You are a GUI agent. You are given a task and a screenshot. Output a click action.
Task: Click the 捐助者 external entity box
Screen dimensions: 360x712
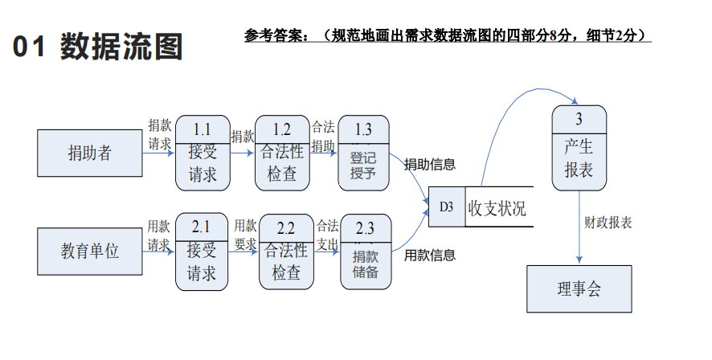tap(90, 153)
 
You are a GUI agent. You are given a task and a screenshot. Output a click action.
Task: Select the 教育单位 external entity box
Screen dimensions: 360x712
tap(90, 251)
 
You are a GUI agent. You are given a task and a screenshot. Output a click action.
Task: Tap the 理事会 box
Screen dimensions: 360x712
tap(579, 289)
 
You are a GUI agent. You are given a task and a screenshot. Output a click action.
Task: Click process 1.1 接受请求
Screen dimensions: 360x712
tap(202, 153)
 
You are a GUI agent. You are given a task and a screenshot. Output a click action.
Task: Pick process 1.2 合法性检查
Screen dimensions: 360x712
tap(282, 153)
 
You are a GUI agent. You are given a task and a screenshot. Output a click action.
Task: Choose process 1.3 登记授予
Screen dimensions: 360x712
tap(363, 153)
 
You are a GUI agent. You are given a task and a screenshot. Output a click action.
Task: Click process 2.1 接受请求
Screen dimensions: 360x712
tap(202, 252)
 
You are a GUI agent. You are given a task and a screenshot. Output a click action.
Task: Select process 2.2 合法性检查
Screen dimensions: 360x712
tap(286, 252)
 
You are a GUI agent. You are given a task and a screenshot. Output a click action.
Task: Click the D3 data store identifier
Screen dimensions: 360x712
tap(446, 207)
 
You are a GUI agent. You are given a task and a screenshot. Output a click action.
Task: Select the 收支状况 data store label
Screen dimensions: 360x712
tap(497, 208)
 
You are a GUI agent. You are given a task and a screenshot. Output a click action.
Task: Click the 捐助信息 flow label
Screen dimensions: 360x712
tap(430, 165)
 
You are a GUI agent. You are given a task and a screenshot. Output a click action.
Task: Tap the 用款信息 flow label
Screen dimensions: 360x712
tap(430, 256)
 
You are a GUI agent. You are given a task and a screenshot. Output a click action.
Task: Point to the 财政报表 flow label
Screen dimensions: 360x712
tap(608, 222)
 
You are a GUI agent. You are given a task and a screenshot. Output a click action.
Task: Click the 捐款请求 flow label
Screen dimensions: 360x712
tap(159, 134)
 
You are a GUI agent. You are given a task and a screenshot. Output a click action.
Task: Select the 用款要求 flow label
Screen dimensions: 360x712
tap(245, 235)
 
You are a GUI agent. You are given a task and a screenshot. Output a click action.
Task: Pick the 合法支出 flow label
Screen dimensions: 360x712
tap(327, 235)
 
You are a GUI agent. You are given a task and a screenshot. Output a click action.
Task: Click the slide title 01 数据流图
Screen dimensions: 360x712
tap(97, 48)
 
